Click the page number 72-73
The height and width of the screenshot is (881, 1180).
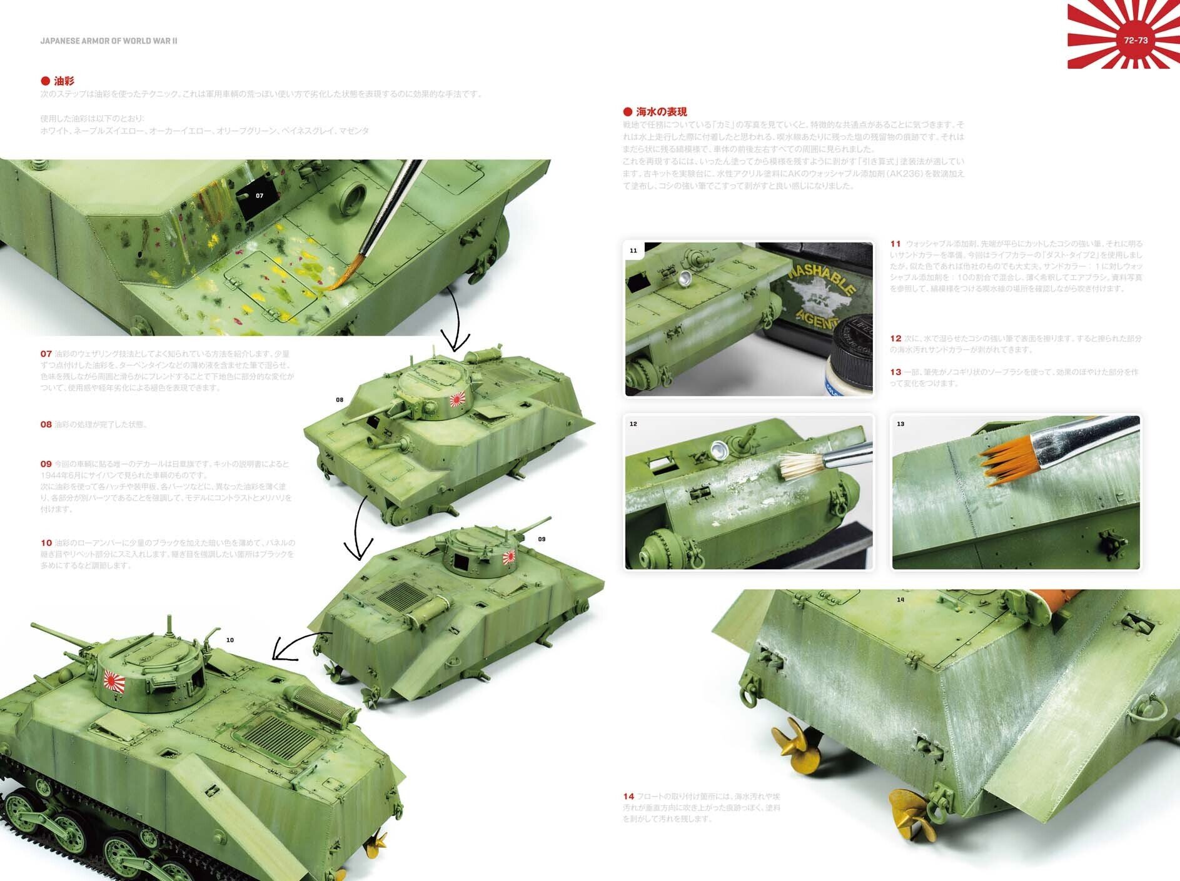pos(1136,40)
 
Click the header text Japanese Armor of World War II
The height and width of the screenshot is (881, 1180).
pos(109,41)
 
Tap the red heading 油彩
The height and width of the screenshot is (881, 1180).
pos(63,81)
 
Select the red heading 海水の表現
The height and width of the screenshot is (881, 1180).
pos(661,112)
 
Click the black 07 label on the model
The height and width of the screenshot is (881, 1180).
pos(259,196)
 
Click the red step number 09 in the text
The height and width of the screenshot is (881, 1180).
pos(46,464)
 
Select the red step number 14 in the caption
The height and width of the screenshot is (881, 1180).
pos(628,796)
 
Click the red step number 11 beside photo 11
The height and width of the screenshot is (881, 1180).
pos(895,244)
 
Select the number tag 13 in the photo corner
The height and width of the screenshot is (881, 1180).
pos(900,424)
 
